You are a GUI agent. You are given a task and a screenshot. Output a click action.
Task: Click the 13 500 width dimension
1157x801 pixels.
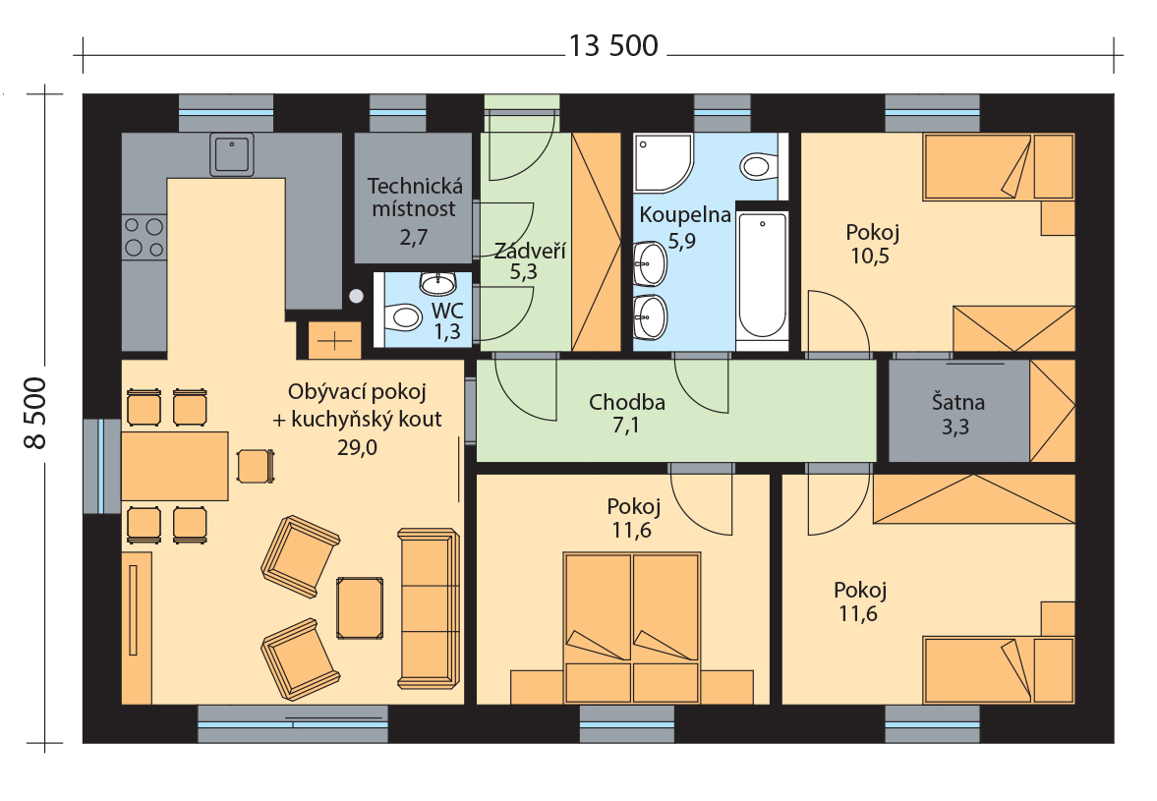(613, 46)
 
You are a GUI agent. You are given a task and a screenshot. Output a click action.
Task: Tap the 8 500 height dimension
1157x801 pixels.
(35, 413)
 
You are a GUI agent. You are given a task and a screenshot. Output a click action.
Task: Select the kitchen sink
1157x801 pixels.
(232, 154)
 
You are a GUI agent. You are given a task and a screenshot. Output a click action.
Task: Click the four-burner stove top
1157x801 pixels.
(145, 237)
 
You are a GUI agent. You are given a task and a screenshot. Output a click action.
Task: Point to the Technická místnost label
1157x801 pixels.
(415, 197)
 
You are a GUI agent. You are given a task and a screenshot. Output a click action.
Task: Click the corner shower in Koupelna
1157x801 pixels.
(663, 163)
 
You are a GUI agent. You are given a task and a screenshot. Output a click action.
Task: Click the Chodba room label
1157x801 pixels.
(627, 402)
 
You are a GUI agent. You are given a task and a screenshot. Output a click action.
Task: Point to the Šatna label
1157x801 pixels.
(957, 402)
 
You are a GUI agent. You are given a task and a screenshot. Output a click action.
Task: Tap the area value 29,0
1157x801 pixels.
(357, 447)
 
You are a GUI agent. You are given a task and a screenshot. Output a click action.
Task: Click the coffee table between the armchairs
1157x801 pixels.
(360, 607)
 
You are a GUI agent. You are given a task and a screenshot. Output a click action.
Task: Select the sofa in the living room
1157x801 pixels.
(429, 608)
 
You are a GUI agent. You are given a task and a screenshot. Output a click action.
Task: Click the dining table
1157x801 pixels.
(175, 466)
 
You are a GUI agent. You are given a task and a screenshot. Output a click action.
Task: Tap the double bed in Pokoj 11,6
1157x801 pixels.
(632, 628)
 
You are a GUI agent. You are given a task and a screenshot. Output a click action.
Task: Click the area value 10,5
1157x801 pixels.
(871, 256)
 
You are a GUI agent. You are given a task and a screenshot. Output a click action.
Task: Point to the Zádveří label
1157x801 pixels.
(530, 251)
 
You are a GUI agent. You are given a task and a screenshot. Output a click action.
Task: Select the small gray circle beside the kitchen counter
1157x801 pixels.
(357, 297)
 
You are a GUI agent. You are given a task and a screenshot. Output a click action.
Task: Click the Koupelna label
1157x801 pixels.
(685, 215)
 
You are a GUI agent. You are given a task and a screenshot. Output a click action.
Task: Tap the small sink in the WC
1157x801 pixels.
(438, 283)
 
